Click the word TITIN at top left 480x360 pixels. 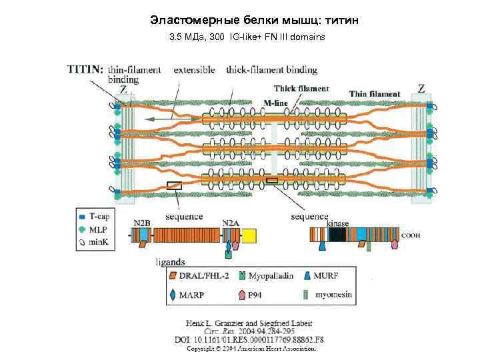click(x=85, y=69)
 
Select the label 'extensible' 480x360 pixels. click(x=194, y=69)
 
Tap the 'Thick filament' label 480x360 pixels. click(x=301, y=89)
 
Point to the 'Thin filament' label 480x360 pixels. click(x=375, y=94)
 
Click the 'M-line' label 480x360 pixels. click(x=276, y=102)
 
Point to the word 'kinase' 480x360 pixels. click(x=338, y=224)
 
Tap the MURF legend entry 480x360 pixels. click(x=329, y=275)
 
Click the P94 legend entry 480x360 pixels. click(x=256, y=294)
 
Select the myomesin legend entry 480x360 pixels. click(x=329, y=294)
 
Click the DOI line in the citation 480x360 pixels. click(x=248, y=339)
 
